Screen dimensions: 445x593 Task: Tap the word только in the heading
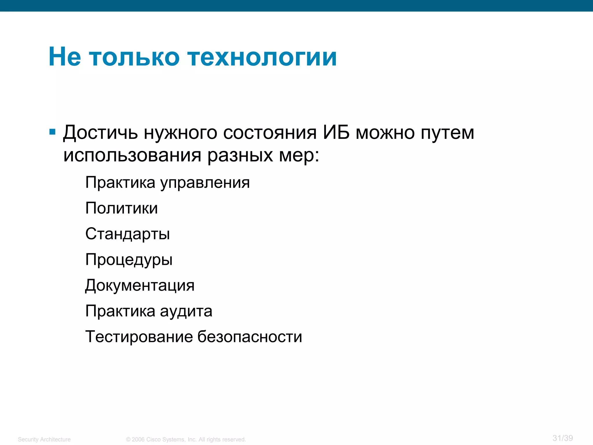(x=134, y=57)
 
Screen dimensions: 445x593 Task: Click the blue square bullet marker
(x=52, y=132)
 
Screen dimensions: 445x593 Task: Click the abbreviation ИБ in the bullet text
(x=336, y=133)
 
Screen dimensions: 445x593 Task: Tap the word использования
(x=132, y=156)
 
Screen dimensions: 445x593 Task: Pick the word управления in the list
(x=205, y=183)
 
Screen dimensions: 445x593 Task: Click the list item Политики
(x=122, y=208)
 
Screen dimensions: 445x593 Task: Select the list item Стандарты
(x=127, y=234)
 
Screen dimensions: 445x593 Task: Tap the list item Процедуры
(x=129, y=260)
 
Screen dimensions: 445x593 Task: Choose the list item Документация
(x=140, y=286)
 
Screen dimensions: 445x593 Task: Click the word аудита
(x=186, y=311)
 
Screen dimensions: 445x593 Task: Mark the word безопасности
(x=250, y=337)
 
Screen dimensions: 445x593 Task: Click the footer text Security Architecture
(x=44, y=439)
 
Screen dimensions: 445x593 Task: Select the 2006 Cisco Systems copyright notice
(x=186, y=439)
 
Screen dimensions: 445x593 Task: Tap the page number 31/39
(x=563, y=438)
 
